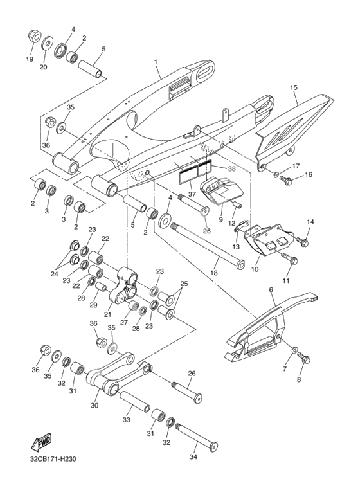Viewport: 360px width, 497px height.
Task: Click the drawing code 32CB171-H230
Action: [x=52, y=458]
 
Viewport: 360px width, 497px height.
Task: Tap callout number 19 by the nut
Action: [x=30, y=59]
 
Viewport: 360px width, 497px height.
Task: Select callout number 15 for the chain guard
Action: [x=294, y=87]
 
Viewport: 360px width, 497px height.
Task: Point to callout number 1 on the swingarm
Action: [x=156, y=62]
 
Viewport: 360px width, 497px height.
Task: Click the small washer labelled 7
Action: [x=294, y=350]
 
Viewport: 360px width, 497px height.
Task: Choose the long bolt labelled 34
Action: [x=197, y=435]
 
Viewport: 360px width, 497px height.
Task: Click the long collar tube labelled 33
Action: [x=134, y=402]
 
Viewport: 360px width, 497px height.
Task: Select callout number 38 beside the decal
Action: [x=231, y=169]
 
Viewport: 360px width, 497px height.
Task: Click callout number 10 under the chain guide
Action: [x=255, y=269]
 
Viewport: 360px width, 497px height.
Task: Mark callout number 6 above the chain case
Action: [x=271, y=290]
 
